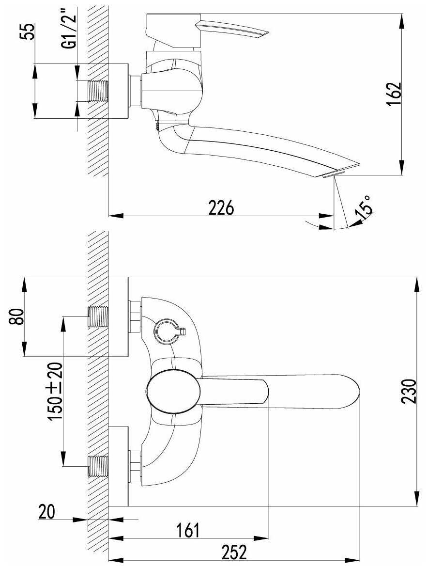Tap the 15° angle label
[364, 206]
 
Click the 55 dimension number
[30, 32]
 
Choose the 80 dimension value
[17, 317]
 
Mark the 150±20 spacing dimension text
[55, 391]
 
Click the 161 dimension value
[187, 530]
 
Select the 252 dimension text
[234, 552]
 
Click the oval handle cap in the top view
[173, 391]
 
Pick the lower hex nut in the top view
[135, 467]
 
